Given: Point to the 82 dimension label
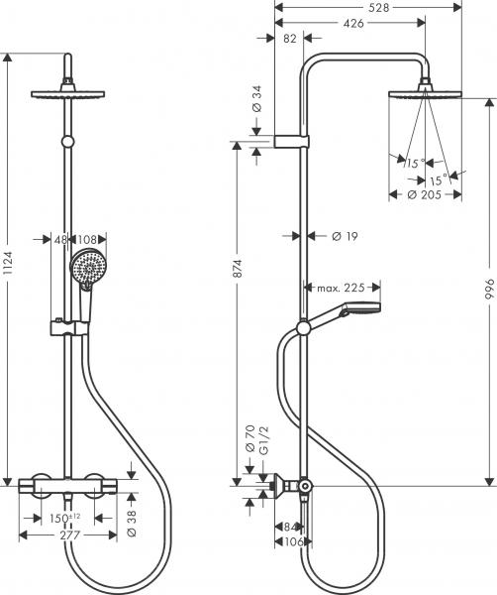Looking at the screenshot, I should pos(288,38).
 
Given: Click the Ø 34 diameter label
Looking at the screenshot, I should pos(255,98).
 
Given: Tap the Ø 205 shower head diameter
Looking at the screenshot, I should pos(427,195).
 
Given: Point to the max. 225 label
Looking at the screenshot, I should pos(343,289).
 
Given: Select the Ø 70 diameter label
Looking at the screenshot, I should pos(249,439).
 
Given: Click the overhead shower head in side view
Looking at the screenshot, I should pos(427,93).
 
